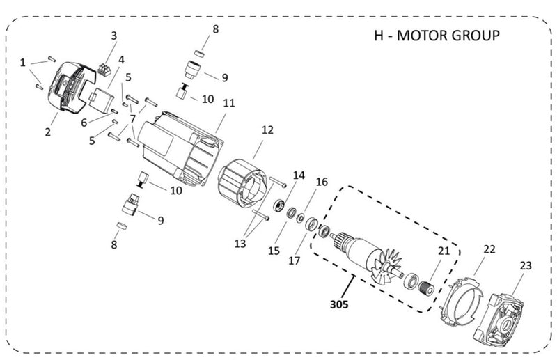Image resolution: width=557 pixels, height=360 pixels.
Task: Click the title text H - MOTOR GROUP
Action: point(432,36)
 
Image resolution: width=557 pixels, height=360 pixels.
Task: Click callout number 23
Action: point(525,265)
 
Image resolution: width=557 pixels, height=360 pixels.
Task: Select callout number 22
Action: point(489,249)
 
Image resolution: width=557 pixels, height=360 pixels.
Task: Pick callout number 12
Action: point(267,130)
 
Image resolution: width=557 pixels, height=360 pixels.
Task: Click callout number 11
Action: point(229,102)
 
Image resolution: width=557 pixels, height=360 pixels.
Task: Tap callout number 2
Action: point(48,132)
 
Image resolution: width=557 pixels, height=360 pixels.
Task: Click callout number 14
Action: point(299,175)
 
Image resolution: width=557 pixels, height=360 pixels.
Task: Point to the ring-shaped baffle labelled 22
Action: point(462,299)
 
